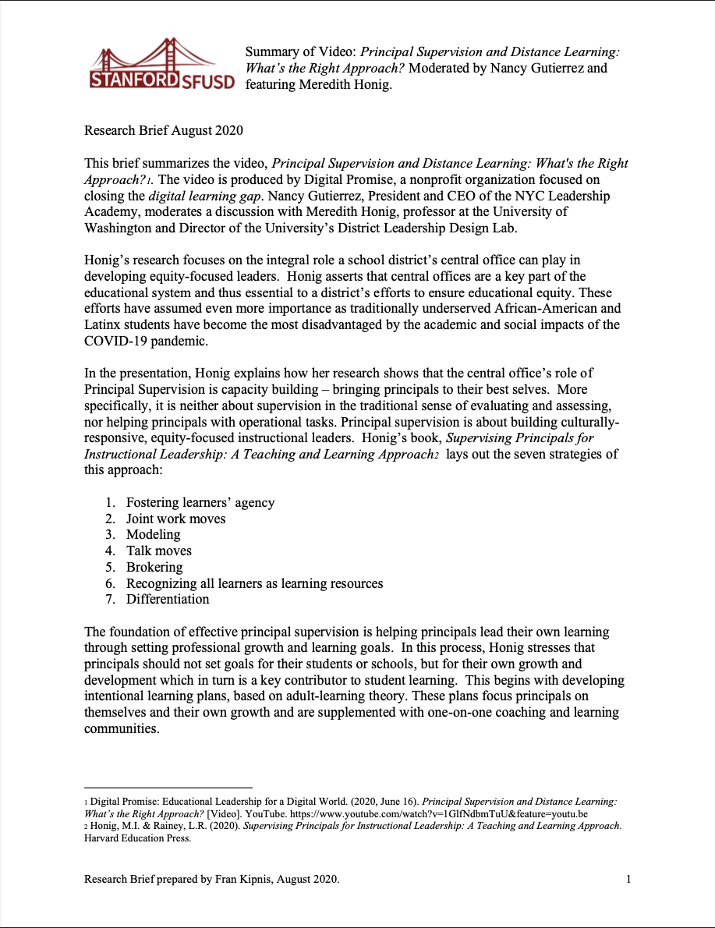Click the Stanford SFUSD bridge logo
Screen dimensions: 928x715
coord(161,66)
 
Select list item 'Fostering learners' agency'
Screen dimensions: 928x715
coord(200,503)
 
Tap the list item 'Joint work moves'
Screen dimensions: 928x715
coord(175,519)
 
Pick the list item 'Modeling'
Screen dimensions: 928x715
coord(153,535)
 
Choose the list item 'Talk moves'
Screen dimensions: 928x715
coord(158,551)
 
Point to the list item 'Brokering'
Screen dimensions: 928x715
coord(154,567)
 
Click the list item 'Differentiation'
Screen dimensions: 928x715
coord(168,599)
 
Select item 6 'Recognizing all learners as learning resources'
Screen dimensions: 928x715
coord(254,583)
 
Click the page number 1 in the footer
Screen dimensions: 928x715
coord(628,880)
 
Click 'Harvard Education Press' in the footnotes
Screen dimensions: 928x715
coord(137,839)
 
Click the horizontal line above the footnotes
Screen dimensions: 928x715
coord(168,788)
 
